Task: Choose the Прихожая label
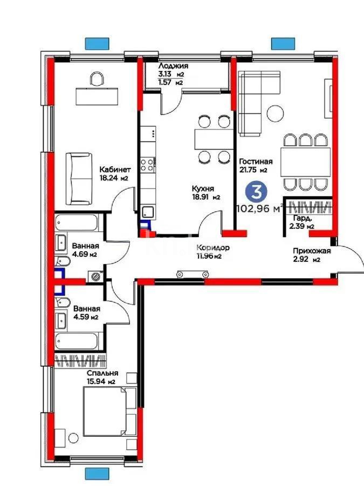(312, 251)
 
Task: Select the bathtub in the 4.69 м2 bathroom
(76, 223)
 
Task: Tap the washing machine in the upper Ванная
(96, 277)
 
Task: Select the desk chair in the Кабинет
(97, 80)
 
